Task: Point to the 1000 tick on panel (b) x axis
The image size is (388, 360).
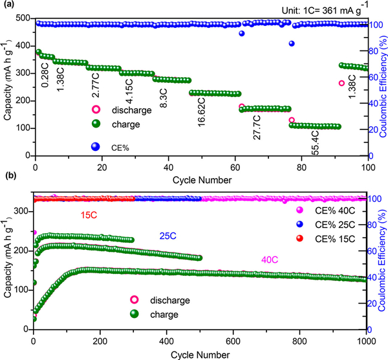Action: coord(366,339)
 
